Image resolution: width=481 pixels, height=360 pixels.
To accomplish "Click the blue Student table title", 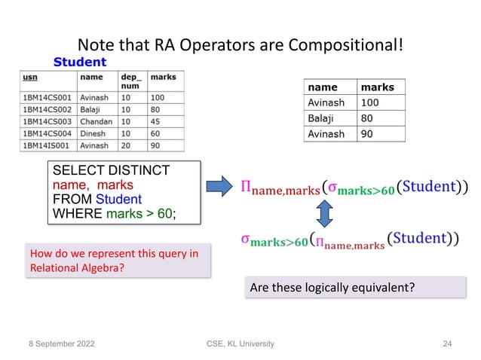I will pyautogui.click(x=79, y=61).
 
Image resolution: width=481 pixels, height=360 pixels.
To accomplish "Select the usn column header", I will pyautogui.click(x=32, y=77).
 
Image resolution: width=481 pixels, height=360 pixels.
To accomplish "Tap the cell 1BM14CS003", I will pyautogui.click(x=48, y=121).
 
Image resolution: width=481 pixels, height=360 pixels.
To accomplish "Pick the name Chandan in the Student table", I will pyautogui.click(x=97, y=121).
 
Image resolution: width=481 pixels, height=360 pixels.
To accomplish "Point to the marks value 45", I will pyautogui.click(x=157, y=121).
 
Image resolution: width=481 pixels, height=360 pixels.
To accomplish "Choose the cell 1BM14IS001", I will pyautogui.click(x=47, y=145).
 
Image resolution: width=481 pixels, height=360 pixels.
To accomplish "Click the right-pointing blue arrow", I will pyautogui.click(x=220, y=185).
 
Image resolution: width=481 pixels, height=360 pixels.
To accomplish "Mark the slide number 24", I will pyautogui.click(x=448, y=343).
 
